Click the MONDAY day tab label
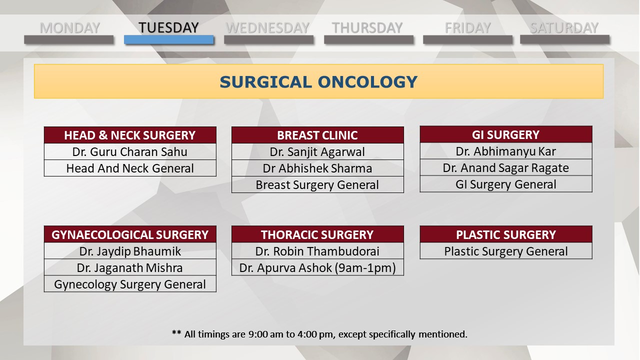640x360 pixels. [69, 27]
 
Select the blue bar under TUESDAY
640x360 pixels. [169, 39]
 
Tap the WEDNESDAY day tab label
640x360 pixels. [267, 27]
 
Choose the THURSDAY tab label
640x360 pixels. [367, 27]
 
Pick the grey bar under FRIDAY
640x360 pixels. [467, 39]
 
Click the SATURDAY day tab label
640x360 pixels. [564, 27]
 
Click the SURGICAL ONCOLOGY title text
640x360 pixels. [318, 82]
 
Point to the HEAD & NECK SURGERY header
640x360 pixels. [130, 135]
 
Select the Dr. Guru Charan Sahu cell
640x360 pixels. [130, 151]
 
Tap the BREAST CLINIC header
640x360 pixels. [317, 135]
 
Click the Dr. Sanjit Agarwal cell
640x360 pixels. [317, 151]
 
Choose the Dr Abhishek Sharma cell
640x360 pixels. [317, 168]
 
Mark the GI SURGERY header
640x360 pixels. [506, 134]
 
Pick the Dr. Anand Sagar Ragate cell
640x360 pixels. [506, 167]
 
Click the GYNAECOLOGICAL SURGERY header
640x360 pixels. [130, 234]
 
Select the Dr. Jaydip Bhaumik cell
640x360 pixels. [130, 251]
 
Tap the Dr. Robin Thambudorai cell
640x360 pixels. [317, 251]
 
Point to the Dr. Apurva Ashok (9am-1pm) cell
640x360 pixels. [317, 267]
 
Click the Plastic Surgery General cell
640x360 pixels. [506, 251]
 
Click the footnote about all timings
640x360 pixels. [319, 334]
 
